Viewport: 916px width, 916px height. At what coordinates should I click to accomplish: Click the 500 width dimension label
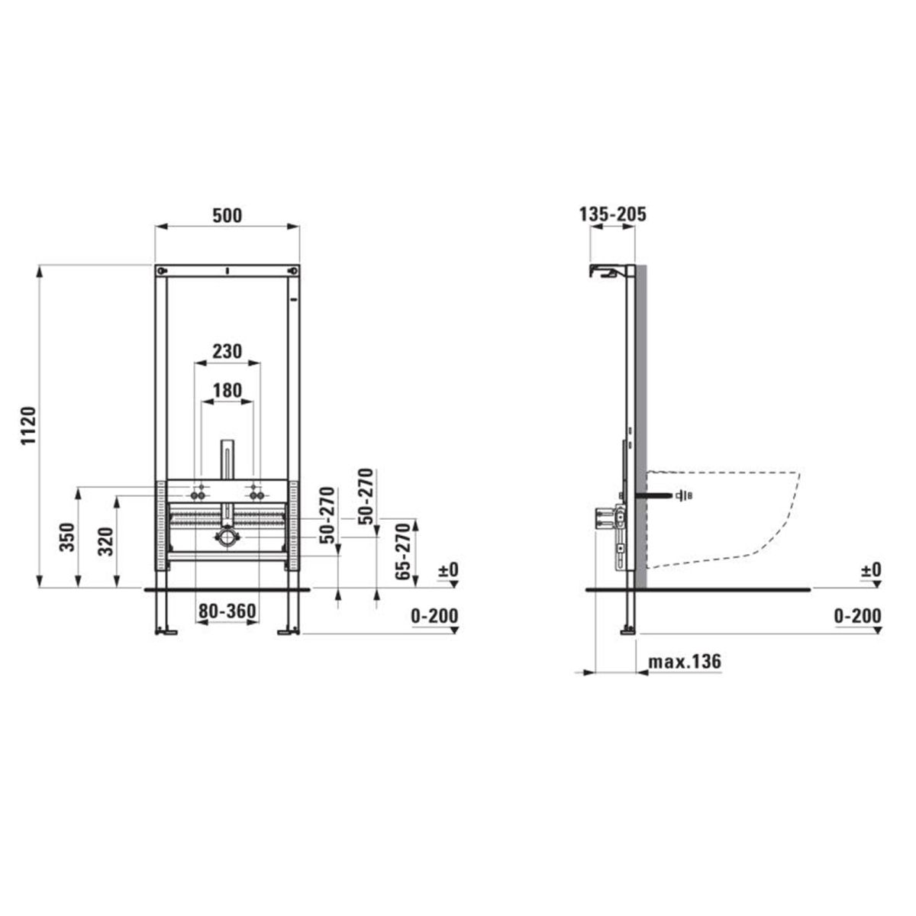pyautogui.click(x=227, y=215)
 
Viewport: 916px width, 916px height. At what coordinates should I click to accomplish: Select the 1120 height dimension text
pyautogui.click(x=29, y=425)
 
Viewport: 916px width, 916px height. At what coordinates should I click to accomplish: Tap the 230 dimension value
pyautogui.click(x=227, y=351)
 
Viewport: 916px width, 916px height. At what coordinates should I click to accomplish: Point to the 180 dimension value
pyautogui.click(x=227, y=390)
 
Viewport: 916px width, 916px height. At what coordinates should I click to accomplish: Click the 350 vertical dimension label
pyautogui.click(x=67, y=537)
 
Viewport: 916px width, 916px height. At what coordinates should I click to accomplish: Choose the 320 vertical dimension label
pyautogui.click(x=106, y=541)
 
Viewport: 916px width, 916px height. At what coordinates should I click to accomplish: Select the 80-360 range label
pyautogui.click(x=227, y=611)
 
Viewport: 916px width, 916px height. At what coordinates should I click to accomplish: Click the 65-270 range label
pyautogui.click(x=403, y=551)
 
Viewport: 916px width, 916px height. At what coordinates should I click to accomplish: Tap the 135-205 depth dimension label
pyautogui.click(x=612, y=214)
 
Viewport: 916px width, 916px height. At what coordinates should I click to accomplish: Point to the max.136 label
pyautogui.click(x=685, y=661)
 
